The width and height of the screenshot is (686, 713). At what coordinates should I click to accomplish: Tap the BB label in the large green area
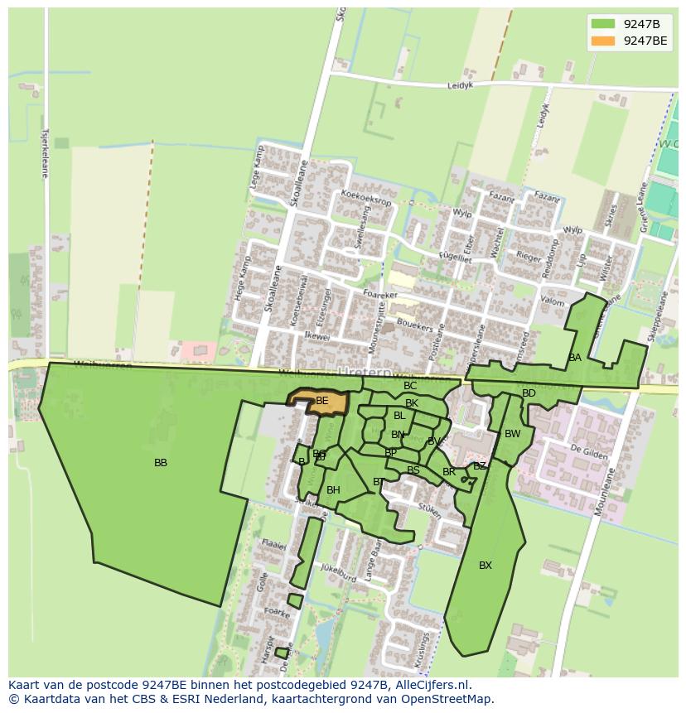tap(161, 463)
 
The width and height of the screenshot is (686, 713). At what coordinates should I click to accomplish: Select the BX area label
tap(486, 566)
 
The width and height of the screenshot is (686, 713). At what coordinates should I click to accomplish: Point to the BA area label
tap(575, 358)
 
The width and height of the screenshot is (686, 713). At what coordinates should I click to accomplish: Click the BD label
tap(529, 393)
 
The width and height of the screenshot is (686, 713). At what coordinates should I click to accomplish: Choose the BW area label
tap(513, 434)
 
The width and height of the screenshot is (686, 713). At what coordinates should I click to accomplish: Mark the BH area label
tap(333, 490)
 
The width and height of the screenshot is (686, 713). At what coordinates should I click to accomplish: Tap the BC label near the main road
tap(410, 386)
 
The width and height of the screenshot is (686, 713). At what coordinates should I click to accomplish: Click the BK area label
tap(412, 403)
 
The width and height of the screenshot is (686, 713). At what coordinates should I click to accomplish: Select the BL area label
tap(399, 416)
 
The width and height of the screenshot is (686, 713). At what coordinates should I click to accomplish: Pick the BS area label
tap(413, 470)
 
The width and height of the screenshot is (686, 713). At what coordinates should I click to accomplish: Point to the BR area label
tap(449, 472)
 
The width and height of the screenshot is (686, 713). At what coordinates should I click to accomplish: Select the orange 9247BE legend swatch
tap(603, 41)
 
